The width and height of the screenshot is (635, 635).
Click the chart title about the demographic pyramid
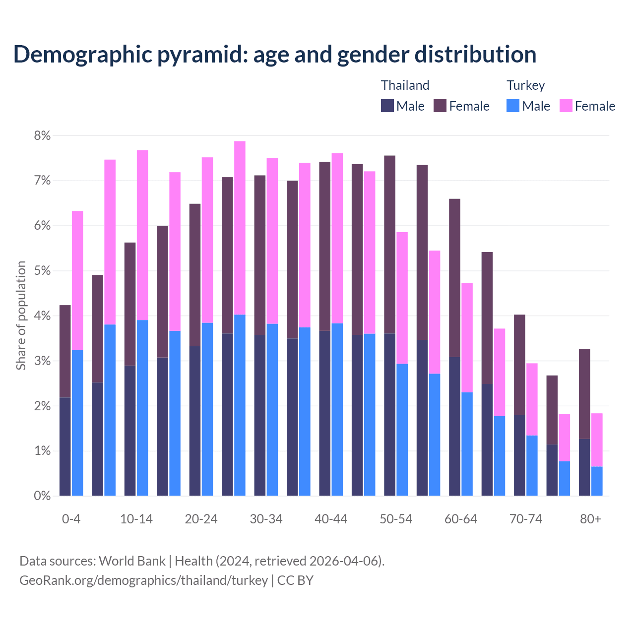click(275, 54)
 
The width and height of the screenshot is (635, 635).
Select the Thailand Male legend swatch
click(387, 106)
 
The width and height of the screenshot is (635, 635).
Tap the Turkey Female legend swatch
click(566, 106)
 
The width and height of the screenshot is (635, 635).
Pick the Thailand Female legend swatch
click(440, 106)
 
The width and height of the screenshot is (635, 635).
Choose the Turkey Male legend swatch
click(513, 106)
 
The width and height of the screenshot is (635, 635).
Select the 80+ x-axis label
click(590, 519)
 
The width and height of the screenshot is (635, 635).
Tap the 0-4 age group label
click(71, 519)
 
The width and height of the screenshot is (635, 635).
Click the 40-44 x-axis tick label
click(331, 519)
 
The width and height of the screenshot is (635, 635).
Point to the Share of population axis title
click(21, 316)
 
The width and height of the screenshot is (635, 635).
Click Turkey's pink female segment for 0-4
click(77, 280)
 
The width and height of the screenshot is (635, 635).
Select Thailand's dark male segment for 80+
click(584, 467)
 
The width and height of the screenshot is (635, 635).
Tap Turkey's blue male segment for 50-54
click(402, 430)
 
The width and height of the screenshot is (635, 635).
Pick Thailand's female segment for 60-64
click(454, 278)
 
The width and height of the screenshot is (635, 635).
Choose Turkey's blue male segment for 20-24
click(207, 409)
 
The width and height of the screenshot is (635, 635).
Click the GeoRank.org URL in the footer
click(143, 580)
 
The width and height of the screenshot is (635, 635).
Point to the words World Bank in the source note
click(132, 561)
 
